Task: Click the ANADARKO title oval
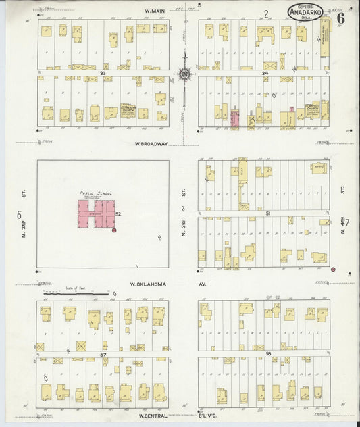click(x=306, y=11)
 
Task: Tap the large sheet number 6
click(x=341, y=18)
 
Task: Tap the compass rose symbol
click(x=184, y=74)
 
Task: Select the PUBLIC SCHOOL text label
click(x=96, y=193)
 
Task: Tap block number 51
click(x=267, y=212)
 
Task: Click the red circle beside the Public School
click(x=114, y=230)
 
